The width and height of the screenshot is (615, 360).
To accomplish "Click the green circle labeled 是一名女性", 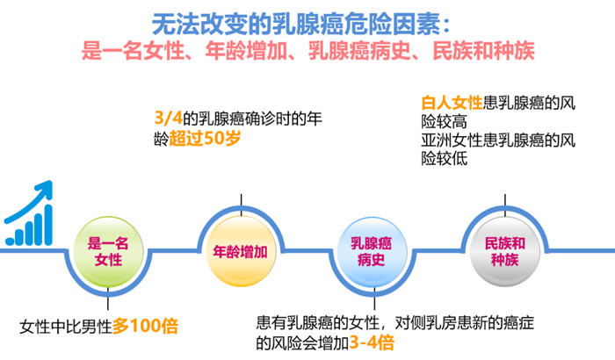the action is tap(108, 252).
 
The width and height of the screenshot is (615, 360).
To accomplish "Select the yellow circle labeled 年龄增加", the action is tap(241, 251).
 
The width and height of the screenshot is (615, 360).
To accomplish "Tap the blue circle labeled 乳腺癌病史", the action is tap(372, 252).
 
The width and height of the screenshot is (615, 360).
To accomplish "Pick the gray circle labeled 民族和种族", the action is tap(505, 252).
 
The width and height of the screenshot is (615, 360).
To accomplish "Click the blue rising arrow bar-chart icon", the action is tap(29, 213).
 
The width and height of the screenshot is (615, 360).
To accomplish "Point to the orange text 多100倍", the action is tap(145, 326).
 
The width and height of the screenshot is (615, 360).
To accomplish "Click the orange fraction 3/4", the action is tap(169, 118).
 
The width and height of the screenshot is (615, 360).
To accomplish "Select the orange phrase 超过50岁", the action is tap(205, 139).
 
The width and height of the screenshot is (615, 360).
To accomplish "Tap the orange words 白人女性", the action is tap(452, 103).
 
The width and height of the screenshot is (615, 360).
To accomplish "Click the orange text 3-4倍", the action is tap(372, 342).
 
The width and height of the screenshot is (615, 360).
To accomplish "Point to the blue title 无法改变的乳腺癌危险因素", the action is tap(297, 25).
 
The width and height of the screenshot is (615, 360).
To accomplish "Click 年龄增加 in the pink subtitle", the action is tap(246, 51).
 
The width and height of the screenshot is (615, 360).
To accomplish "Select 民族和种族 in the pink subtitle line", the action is tap(483, 51).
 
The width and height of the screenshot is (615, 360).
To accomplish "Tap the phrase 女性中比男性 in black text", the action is tap(66, 327).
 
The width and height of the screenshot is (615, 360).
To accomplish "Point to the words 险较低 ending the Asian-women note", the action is tap(445, 159).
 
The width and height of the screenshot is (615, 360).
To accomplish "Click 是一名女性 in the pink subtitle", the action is tap(133, 51).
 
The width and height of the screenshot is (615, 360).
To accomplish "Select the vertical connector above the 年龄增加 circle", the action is tap(241, 205).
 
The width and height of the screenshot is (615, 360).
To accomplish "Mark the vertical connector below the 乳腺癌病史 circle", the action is tap(374, 299).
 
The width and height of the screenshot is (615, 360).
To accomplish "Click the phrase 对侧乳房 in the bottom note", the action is tap(424, 323).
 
